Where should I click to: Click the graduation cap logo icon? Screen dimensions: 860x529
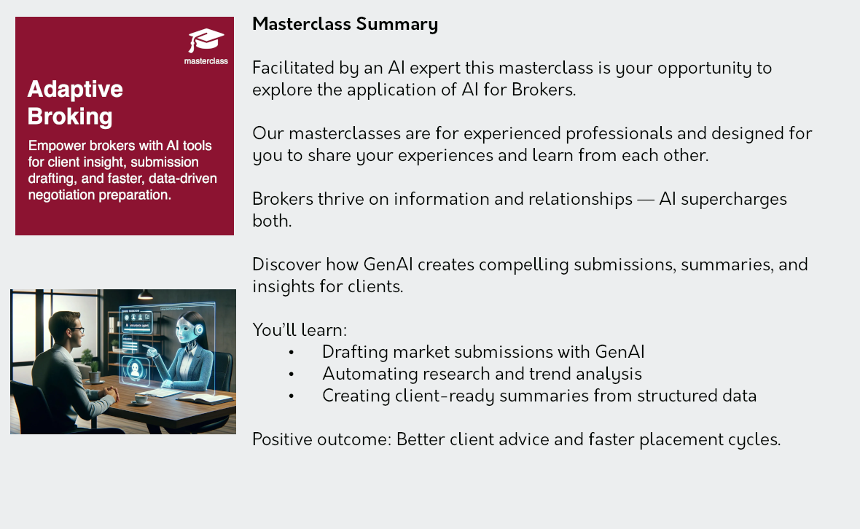[x=206, y=41]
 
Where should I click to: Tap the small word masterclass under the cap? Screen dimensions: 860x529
[x=206, y=61]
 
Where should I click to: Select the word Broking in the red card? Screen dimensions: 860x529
[x=70, y=116]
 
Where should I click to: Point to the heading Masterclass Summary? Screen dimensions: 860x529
[x=345, y=25]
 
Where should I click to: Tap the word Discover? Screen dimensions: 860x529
[x=287, y=264]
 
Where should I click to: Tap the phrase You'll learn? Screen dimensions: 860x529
[x=300, y=331]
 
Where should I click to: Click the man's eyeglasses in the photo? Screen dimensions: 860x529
[x=77, y=329]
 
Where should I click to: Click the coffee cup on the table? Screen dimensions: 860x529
[x=141, y=399]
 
